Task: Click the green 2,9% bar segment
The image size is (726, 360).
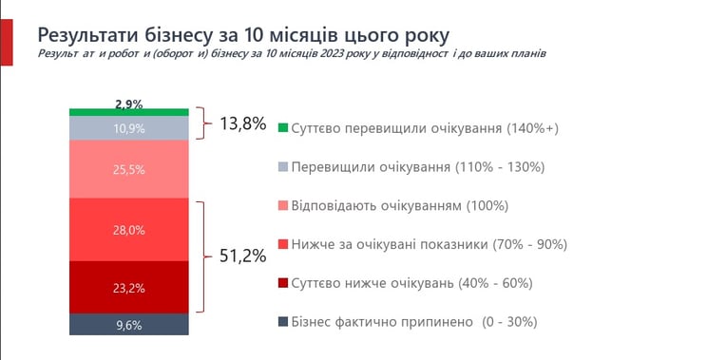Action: (128, 112)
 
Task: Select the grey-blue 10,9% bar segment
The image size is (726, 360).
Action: (128, 128)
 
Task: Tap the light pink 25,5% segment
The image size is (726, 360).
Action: (128, 169)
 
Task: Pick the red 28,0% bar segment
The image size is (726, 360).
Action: (128, 230)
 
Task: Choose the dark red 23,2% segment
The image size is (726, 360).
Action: (128, 288)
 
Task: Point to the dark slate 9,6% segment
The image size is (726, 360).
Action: (128, 324)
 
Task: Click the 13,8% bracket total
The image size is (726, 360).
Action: (242, 123)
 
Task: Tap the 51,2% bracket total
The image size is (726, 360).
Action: (242, 256)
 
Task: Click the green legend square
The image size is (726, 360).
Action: (283, 128)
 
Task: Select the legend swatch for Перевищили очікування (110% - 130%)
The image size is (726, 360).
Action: (283, 167)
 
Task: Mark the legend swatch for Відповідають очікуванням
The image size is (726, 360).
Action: (283, 205)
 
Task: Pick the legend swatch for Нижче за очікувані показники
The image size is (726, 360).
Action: (283, 244)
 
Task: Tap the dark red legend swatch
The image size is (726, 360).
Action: (283, 283)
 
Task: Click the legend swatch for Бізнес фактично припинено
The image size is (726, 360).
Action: (283, 322)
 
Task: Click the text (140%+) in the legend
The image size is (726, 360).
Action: (532, 128)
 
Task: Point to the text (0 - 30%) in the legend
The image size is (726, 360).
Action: (509, 322)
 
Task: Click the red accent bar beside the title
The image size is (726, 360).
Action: (7, 42)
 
